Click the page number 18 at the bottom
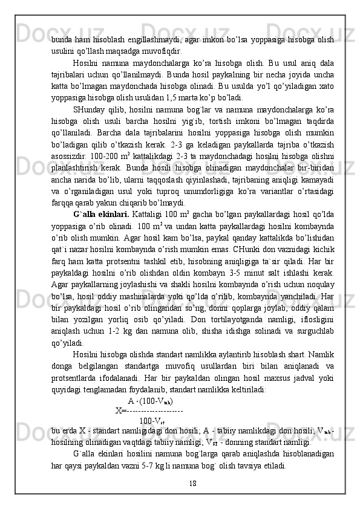(x=192, y=482)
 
